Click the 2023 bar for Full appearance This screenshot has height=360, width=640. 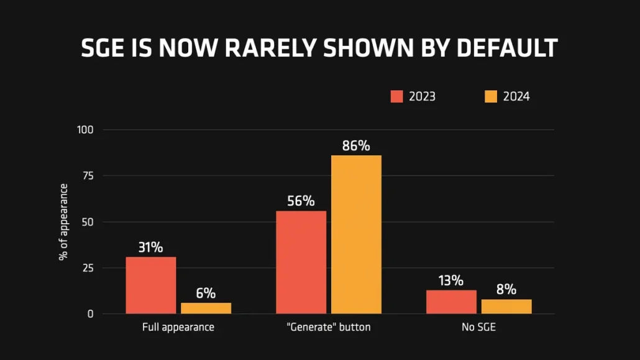click(150, 285)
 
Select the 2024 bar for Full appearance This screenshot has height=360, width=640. click(206, 308)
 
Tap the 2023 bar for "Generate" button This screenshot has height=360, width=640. click(301, 262)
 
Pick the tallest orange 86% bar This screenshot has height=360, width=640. click(356, 234)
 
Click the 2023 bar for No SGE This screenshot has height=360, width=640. click(451, 302)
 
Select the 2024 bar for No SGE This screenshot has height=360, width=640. click(506, 307)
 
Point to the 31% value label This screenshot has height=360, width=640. click(150, 247)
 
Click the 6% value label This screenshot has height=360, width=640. click(206, 293)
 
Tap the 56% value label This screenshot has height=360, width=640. click(301, 201)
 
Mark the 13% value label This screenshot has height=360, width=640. click(451, 280)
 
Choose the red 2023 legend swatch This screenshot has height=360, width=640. click(397, 96)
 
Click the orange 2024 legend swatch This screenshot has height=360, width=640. click(491, 96)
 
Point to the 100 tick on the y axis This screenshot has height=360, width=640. click(85, 130)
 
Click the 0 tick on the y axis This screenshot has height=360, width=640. click(90, 314)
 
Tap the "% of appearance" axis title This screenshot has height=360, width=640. click(63, 222)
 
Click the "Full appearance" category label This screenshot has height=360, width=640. click(178, 327)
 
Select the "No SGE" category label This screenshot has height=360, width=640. click(478, 327)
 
